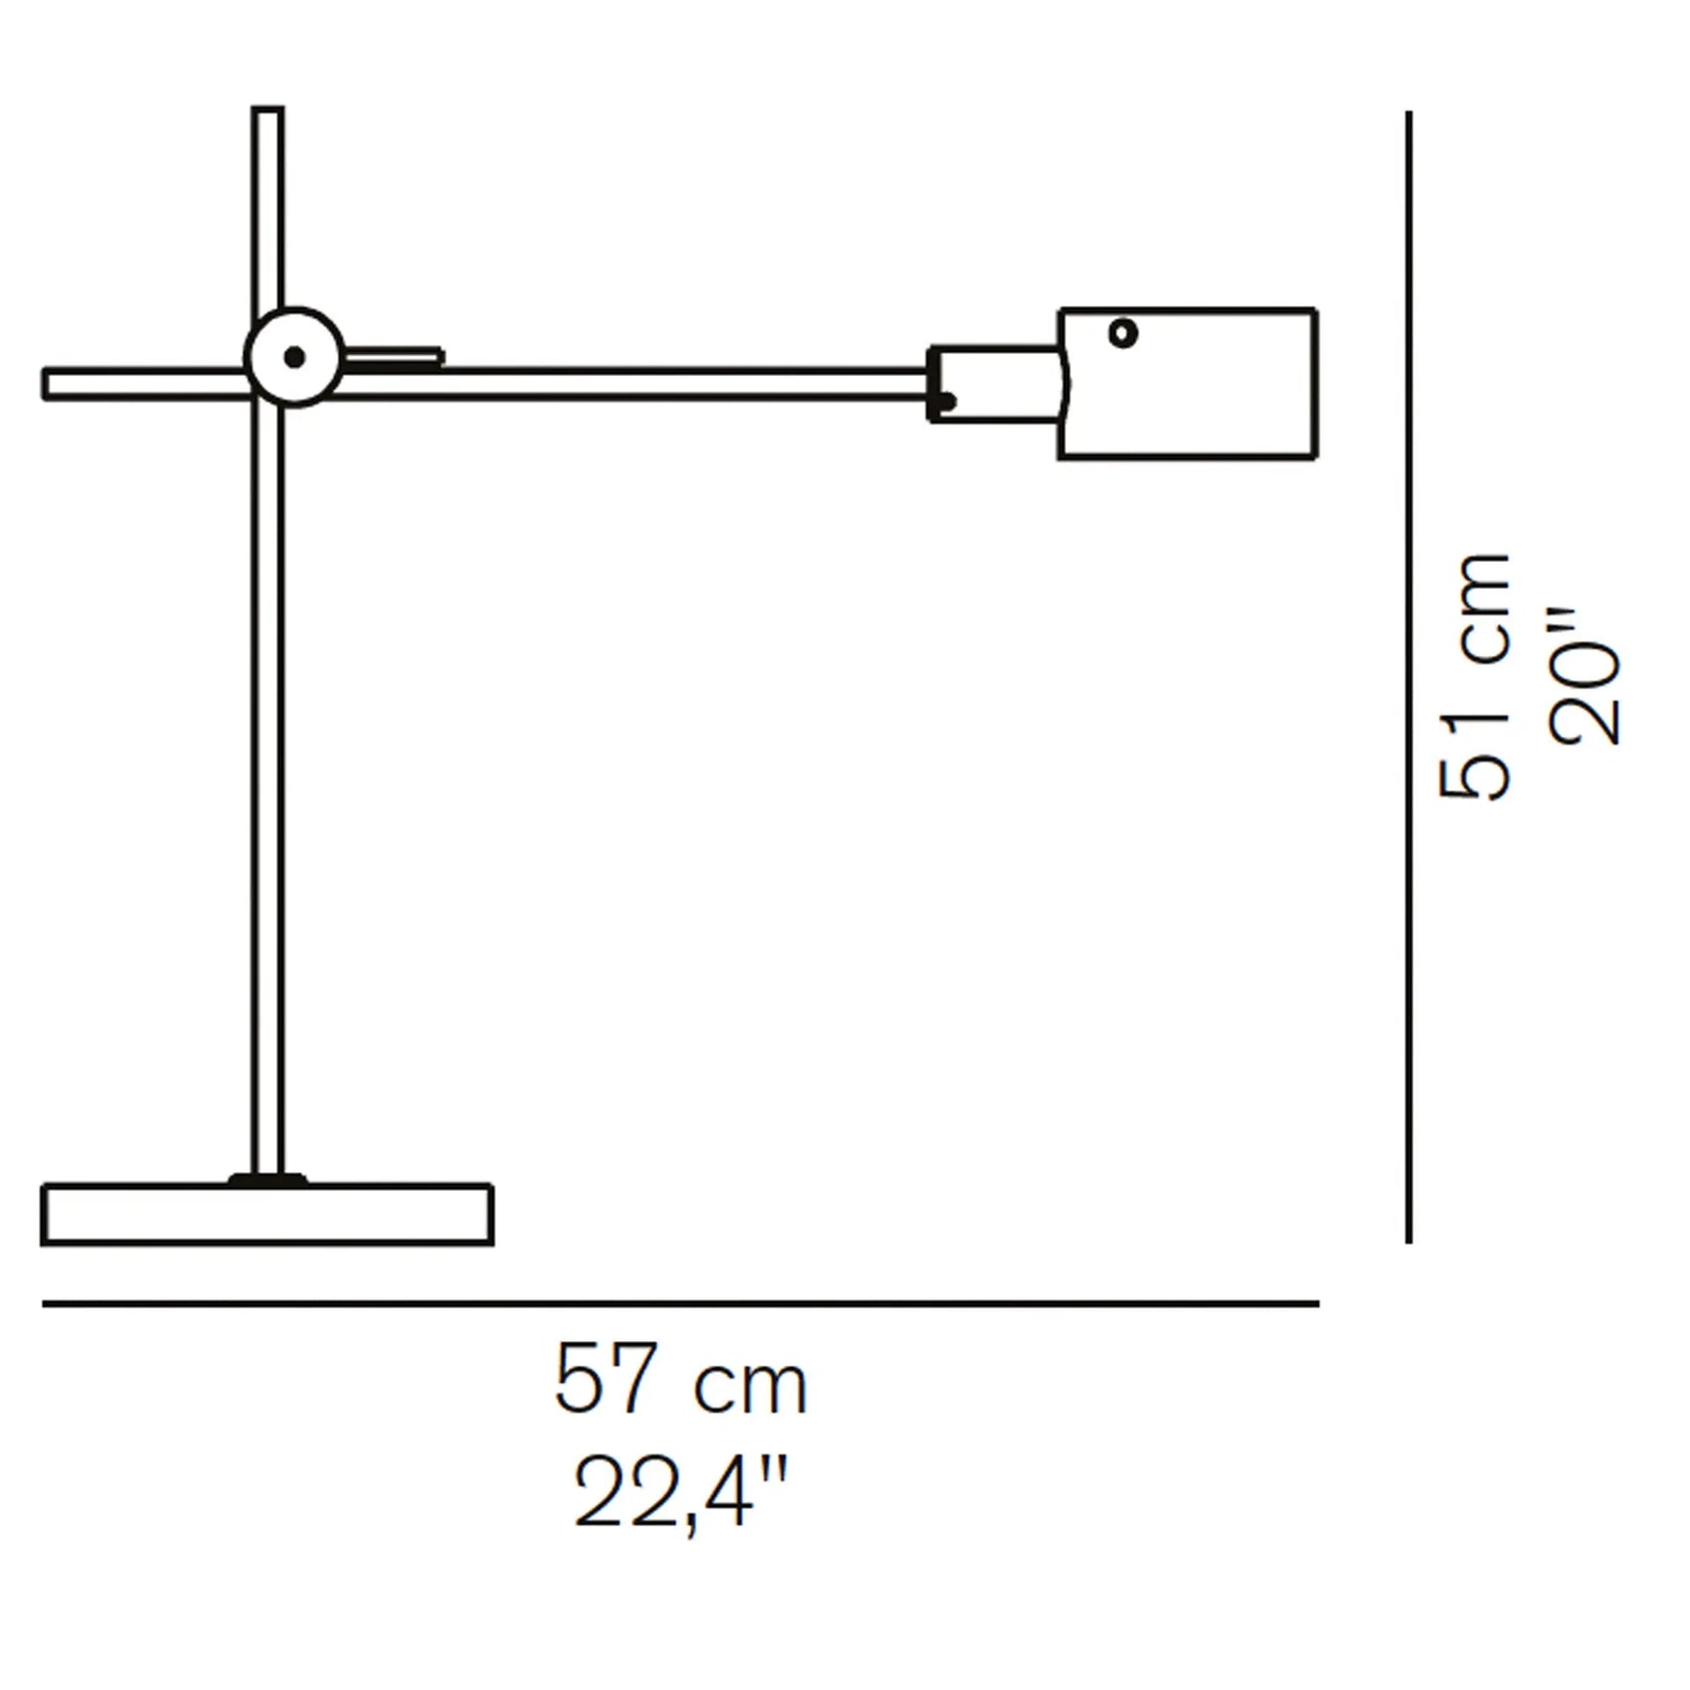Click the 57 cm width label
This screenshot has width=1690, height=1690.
681,1381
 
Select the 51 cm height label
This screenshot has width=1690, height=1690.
1475,676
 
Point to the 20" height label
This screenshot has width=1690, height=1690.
1585,676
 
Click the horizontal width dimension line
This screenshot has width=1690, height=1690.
681,1303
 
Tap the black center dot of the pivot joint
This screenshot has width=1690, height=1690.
294,357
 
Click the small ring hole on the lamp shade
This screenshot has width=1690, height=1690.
1123,333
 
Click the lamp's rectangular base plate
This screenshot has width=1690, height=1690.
267,1215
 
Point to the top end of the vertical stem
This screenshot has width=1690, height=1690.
267,112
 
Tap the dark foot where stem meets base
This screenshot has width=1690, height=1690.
267,1180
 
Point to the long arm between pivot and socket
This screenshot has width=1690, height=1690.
636,384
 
